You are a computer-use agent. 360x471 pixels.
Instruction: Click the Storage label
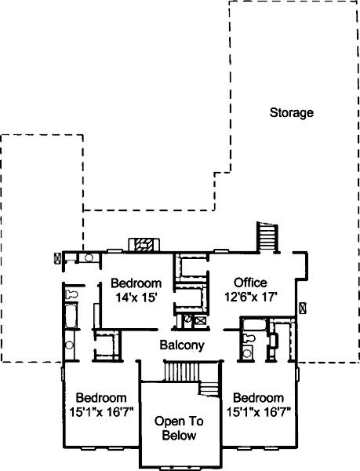pos(291,112)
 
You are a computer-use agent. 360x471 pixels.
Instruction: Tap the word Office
pos(250,283)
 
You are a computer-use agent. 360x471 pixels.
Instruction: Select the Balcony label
pos(182,345)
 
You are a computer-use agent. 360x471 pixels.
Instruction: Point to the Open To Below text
pos(179,428)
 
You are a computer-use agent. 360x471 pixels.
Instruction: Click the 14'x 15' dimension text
pos(136,298)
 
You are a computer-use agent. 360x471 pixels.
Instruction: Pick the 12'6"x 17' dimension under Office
pos(250,297)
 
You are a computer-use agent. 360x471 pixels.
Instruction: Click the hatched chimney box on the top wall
pos(144,245)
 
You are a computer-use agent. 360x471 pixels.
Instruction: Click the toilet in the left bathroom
pos(71,294)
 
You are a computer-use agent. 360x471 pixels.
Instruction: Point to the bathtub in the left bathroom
pos(71,316)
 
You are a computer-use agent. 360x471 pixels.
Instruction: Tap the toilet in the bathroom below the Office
pos(249,338)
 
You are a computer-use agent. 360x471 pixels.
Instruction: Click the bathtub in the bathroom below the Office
pos(254,325)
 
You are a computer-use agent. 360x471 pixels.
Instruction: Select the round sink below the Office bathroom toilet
pos(247,353)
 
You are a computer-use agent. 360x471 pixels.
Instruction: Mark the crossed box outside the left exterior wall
pos(57,258)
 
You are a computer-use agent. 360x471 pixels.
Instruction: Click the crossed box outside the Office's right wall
pos(303,309)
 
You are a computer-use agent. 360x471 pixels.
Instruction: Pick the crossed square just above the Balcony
pos(199,320)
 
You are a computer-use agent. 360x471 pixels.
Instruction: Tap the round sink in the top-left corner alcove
pos(89,257)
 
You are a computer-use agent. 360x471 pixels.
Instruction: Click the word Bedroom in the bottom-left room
pos(101,398)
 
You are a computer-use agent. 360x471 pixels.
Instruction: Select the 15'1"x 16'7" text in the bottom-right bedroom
pos(258,411)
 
